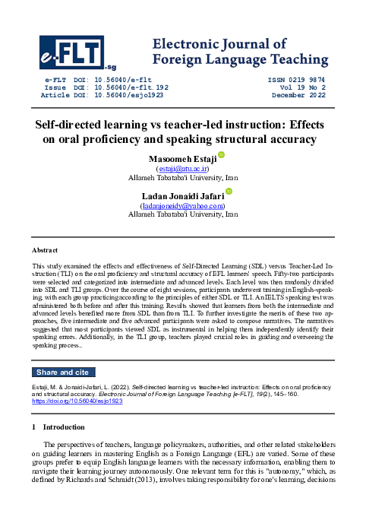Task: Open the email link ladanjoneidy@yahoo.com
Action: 183,205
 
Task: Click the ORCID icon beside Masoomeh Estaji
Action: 222,155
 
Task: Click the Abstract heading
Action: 45,249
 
